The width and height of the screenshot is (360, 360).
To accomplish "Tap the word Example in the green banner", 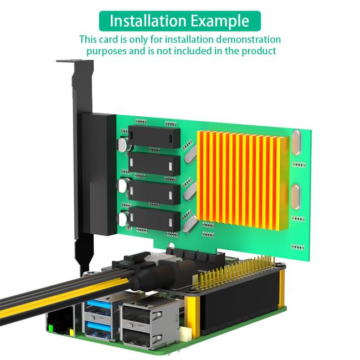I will (x=220, y=21).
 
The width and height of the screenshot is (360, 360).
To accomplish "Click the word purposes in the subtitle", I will (x=108, y=51).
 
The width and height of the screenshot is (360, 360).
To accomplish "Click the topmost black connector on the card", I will (x=155, y=134).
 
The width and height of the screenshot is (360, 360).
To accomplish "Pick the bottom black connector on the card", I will (x=155, y=217).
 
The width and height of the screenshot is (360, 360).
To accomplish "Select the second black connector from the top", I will (x=155, y=162).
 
